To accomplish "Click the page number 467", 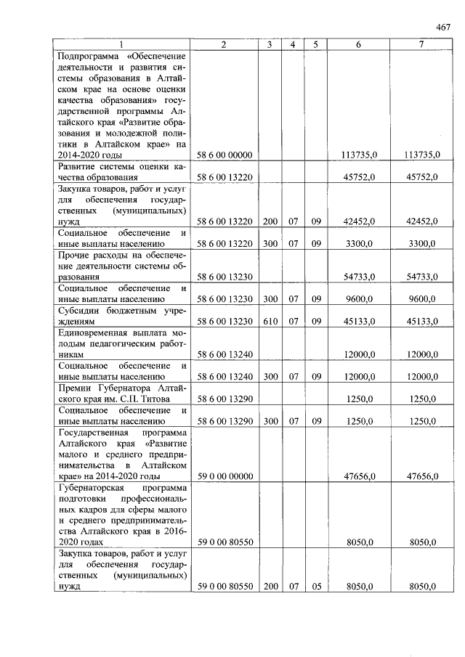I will click(444, 28).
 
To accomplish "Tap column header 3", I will click(270, 45).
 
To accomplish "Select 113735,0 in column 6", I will click(358, 155).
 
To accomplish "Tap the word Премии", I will click(74, 388).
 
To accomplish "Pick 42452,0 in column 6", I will click(360, 221).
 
